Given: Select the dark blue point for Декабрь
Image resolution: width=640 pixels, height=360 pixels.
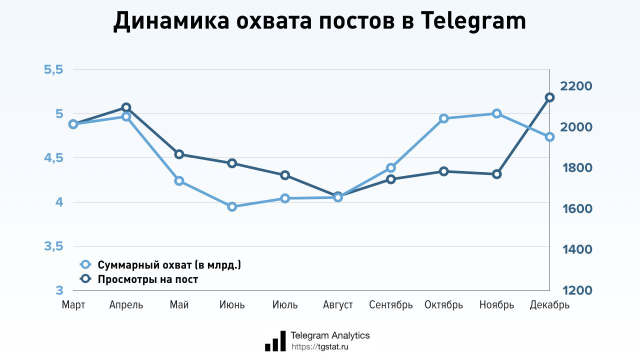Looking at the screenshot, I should pyautogui.click(x=549, y=97).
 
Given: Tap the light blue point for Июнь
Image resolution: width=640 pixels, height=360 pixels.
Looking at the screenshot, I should pyautogui.click(x=232, y=206).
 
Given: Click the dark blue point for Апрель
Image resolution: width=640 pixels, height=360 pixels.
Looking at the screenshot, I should pyautogui.click(x=126, y=107).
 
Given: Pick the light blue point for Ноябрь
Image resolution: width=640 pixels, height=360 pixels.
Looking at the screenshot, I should pyautogui.click(x=496, y=113).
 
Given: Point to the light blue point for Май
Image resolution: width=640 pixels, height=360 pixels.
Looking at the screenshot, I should pyautogui.click(x=179, y=180).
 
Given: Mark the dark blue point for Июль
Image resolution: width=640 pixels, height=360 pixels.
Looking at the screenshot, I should pyautogui.click(x=285, y=175).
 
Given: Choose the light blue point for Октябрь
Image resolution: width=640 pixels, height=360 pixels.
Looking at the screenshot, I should pyautogui.click(x=443, y=118).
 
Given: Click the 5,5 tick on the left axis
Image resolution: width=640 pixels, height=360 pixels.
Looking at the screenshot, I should pyautogui.click(x=53, y=69).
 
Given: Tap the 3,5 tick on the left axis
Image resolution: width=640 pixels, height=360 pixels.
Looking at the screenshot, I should pyautogui.click(x=53, y=246).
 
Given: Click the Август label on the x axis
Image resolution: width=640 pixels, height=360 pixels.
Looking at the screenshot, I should pyautogui.click(x=338, y=305).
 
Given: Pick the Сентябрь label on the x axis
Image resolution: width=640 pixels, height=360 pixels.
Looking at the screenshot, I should pyautogui.click(x=391, y=305).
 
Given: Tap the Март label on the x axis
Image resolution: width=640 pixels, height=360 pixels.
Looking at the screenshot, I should pyautogui.click(x=73, y=305).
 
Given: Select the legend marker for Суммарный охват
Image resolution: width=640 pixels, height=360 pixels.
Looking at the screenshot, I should pyautogui.click(x=85, y=265).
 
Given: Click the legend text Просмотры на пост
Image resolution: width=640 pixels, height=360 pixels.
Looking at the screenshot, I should pyautogui.click(x=148, y=279).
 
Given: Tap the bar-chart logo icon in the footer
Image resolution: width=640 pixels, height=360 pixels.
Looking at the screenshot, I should pyautogui.click(x=275, y=341).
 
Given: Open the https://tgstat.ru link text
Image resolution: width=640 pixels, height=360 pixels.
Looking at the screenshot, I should pyautogui.click(x=320, y=346).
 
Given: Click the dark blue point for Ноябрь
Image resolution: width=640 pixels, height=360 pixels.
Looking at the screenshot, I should pyautogui.click(x=496, y=174).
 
